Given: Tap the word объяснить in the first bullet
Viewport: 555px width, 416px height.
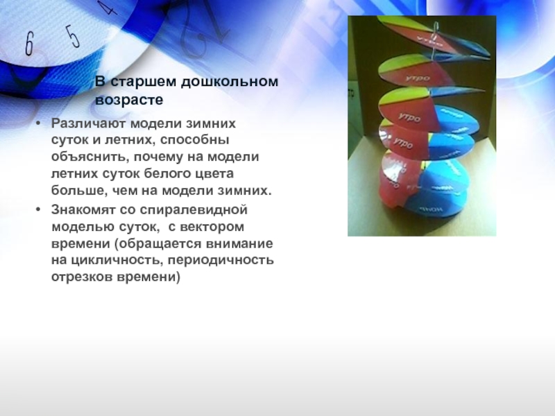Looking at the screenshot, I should click(x=85, y=157).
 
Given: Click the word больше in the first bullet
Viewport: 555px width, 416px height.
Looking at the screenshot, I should click(x=78, y=190).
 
